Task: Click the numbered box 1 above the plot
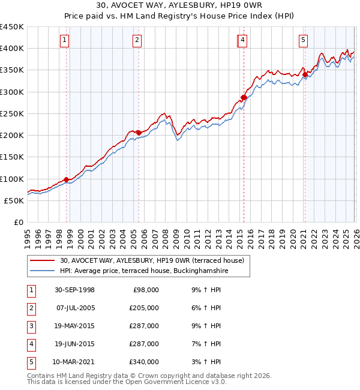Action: [x=64, y=40]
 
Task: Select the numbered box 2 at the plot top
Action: [x=137, y=40]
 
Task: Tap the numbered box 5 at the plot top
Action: [x=303, y=40]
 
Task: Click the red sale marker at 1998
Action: [x=67, y=179]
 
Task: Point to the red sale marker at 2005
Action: [x=139, y=133]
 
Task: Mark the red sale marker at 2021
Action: [x=305, y=74]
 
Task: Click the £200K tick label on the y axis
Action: [x=12, y=136]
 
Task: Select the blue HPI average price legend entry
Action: [x=144, y=271]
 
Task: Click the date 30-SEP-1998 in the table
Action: [x=74, y=290]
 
